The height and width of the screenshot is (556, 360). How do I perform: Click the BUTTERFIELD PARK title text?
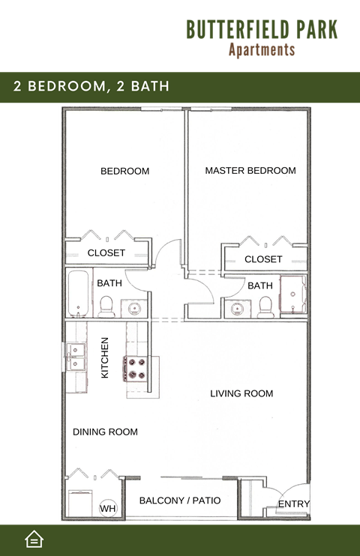coord(262,29)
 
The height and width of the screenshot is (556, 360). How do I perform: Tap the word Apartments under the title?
coord(262,50)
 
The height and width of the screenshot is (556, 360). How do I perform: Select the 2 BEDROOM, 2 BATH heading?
coord(91,87)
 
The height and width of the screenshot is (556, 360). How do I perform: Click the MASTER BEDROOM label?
coord(250,171)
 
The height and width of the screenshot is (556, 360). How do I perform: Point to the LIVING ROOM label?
coord(241,393)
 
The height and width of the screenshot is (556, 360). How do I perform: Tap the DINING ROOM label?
coord(105,432)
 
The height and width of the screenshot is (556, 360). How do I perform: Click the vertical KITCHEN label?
coord(105,357)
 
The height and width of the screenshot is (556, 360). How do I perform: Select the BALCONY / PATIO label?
coord(180,500)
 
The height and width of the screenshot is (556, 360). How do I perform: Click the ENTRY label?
coord(294,504)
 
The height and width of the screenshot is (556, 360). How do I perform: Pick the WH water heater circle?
coord(108,509)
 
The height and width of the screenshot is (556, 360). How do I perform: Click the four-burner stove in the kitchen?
coord(137,368)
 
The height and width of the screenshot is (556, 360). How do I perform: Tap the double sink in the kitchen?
coord(76,357)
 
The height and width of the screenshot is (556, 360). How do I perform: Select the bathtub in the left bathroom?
coord(78,293)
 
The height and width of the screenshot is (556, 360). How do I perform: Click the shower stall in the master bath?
coord(293,296)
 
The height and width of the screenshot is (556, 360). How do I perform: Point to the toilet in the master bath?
coord(264,306)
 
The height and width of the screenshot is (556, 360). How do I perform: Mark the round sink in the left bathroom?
coord(134,307)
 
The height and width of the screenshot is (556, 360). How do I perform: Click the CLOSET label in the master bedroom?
coord(263,259)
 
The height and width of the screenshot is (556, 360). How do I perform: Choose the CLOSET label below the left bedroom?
coord(106,253)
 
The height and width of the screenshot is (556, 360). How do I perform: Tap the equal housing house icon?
coord(34,539)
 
